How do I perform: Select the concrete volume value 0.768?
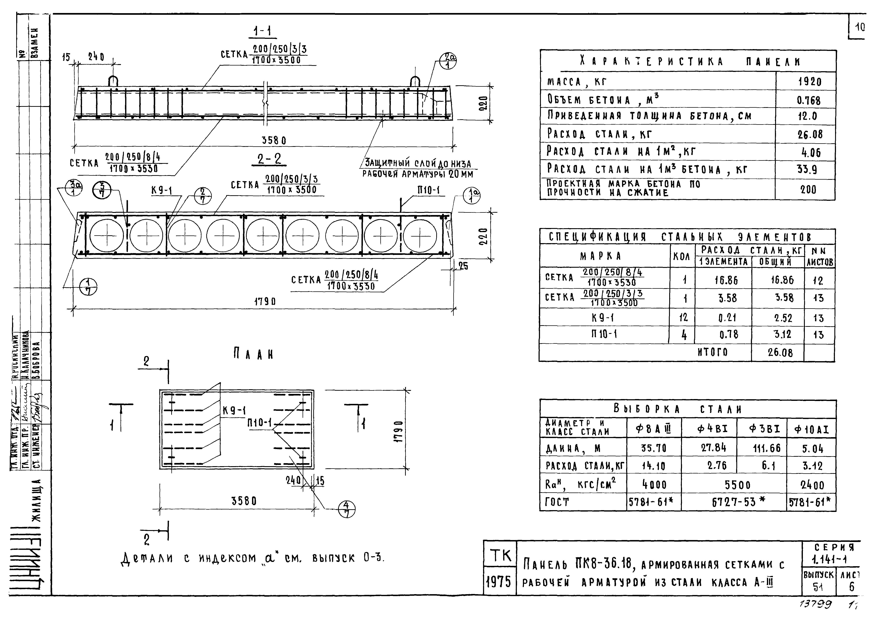point(809,101)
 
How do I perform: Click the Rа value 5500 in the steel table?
point(737,485)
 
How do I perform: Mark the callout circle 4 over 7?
point(347,509)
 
